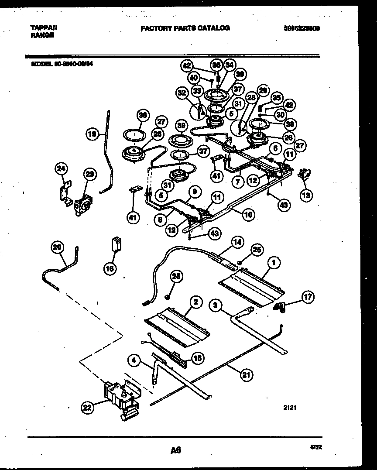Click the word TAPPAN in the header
tap(44, 27)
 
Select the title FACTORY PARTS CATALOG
tap(185, 28)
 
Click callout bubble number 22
tap(88, 408)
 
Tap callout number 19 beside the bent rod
tap(92, 134)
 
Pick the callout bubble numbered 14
tap(237, 243)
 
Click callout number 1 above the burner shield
tap(274, 263)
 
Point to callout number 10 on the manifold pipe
tap(248, 214)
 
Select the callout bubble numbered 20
tap(57, 247)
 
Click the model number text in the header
tap(62, 63)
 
